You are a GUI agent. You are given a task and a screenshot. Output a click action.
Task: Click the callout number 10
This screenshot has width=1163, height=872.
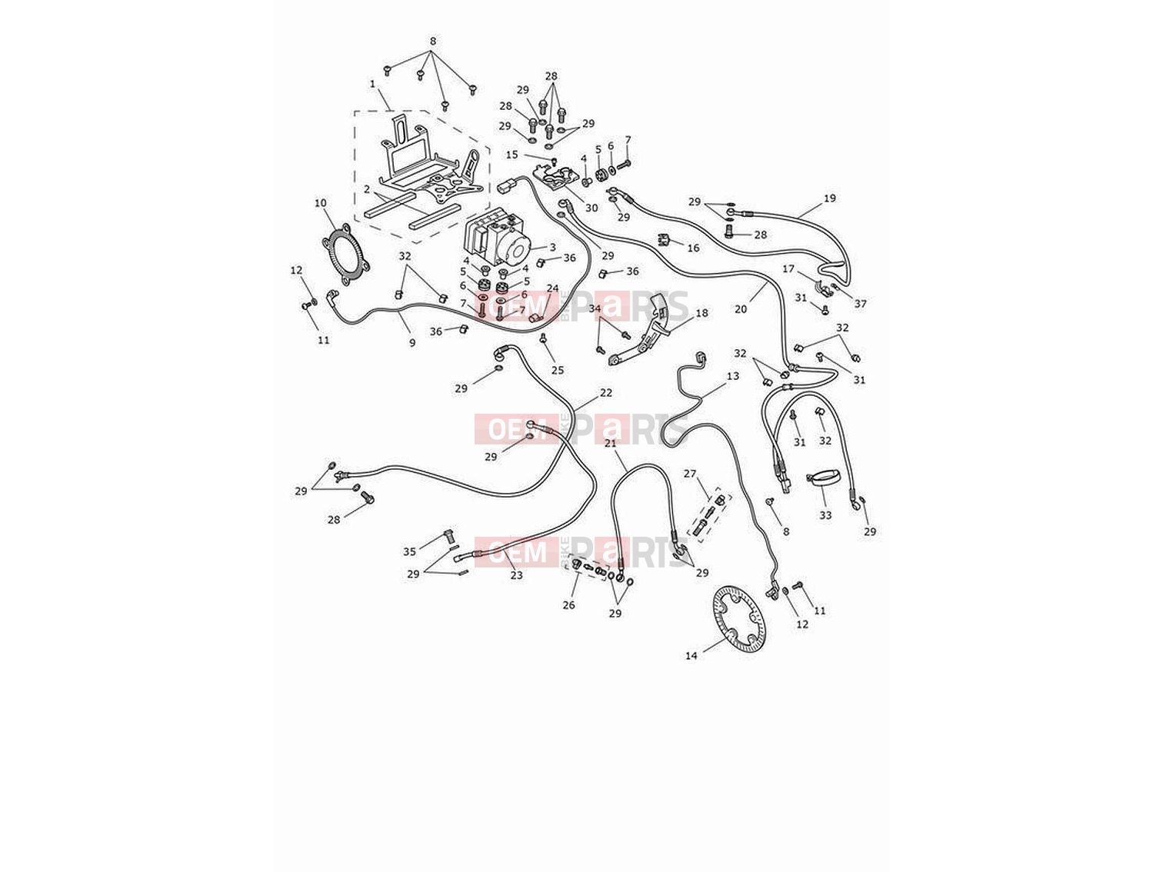320,203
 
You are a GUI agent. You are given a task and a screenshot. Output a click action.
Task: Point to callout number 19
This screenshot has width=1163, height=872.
829,198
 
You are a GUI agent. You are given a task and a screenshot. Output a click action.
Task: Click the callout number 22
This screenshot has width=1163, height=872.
606,392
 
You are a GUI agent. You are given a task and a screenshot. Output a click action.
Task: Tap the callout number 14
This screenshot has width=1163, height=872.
691,656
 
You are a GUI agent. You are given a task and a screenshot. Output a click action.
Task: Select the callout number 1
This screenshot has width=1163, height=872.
372,84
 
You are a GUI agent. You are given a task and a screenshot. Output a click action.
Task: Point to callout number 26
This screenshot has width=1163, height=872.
568,604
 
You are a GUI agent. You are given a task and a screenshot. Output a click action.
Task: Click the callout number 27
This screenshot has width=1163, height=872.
689,474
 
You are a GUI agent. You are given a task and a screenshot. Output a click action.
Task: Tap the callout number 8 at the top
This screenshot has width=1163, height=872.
433,41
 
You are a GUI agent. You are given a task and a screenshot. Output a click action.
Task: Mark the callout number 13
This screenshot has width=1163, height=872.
732,376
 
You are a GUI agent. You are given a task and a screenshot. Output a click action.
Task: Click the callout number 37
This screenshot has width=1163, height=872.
860,304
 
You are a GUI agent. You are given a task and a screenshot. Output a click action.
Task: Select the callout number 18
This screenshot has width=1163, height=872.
701,313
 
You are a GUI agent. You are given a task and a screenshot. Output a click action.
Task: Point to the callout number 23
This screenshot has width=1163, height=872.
516,575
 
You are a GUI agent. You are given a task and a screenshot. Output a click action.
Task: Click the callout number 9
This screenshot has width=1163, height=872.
412,342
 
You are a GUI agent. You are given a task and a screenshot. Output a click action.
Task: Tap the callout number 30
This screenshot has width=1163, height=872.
591,208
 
